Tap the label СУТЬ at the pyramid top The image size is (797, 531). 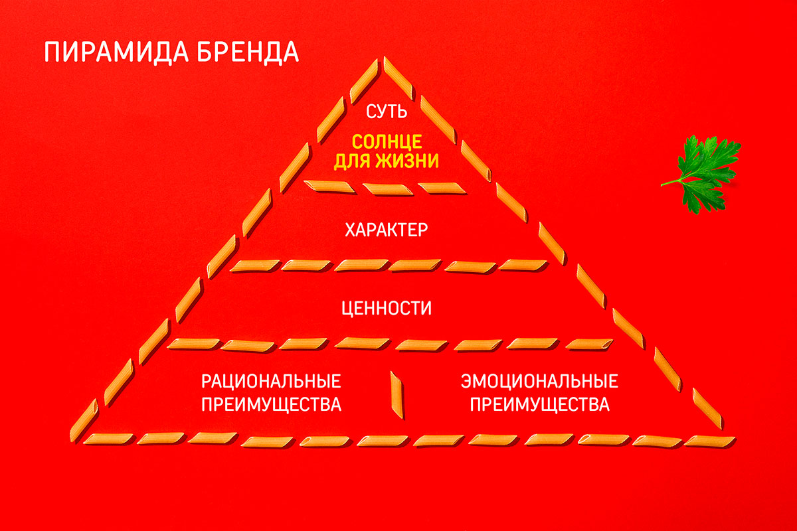[386, 112]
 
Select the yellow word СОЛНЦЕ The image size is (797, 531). [386, 142]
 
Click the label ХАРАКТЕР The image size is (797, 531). [387, 231]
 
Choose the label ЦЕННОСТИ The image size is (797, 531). [386, 309]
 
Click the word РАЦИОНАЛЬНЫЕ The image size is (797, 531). [271, 382]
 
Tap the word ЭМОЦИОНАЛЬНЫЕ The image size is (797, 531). [539, 382]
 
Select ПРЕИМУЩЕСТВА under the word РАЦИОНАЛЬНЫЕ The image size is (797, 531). [271, 404]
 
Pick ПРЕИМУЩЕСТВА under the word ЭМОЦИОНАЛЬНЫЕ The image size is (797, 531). [539, 404]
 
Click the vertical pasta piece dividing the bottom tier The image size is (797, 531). [397, 395]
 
